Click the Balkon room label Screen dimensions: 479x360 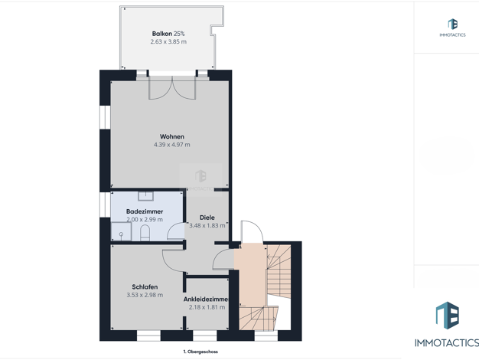tap(162, 34)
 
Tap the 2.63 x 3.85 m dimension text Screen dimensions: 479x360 tap(168, 41)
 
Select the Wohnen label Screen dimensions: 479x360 tap(172, 136)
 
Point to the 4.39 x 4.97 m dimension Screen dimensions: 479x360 tap(172, 145)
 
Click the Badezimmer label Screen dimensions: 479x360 tap(145, 211)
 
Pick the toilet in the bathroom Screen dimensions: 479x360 tap(145, 233)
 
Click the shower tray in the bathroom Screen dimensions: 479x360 tap(121, 231)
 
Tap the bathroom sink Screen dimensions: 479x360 tap(145, 196)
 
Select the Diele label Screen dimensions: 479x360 tap(207, 218)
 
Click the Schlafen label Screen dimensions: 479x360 tap(145, 287)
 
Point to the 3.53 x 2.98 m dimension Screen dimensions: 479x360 tap(145, 295)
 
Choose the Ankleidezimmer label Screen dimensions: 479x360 tap(206, 299)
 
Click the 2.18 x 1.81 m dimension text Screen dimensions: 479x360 tap(207, 307)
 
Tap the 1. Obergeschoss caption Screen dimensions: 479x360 tap(200, 352)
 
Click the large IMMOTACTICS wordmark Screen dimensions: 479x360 tap(447, 343)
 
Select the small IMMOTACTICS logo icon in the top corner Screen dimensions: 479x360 tap(452, 24)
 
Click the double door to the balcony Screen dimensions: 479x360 tap(172, 87)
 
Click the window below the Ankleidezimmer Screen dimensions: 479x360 tap(204, 335)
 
